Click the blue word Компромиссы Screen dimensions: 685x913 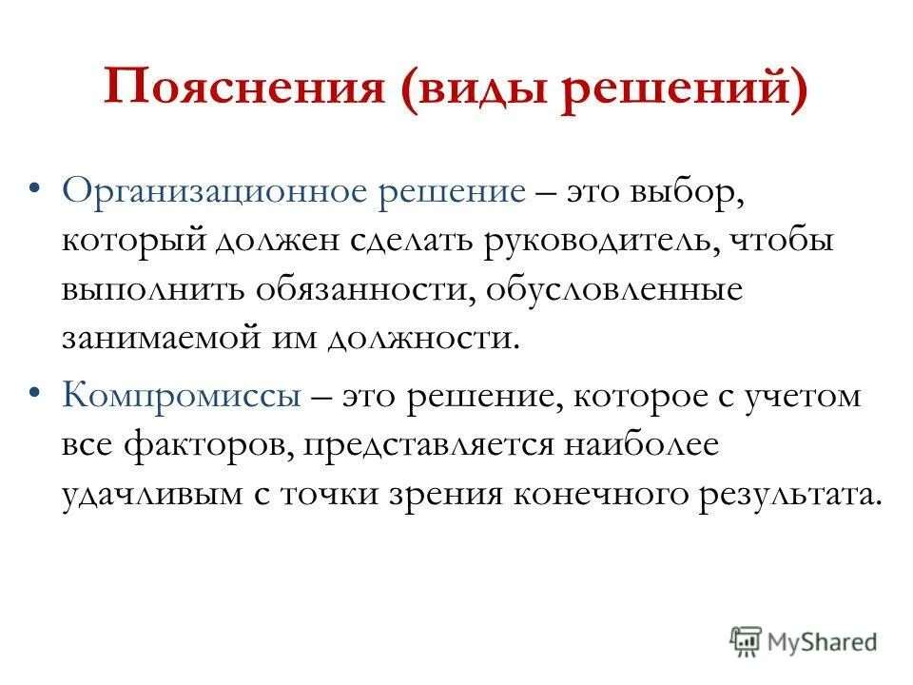point(184,395)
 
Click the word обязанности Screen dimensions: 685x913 point(365,290)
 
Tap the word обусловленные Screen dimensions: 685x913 point(612,290)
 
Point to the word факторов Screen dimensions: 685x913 point(207,445)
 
